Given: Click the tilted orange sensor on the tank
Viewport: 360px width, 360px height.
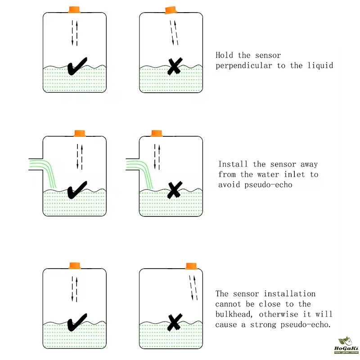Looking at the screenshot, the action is (x=171, y=10).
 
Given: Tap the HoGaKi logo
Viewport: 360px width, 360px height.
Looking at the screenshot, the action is (x=346, y=346).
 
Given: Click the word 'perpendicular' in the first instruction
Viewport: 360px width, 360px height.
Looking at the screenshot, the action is (x=244, y=66).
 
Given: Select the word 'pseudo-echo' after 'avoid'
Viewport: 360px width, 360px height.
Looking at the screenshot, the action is (x=268, y=185).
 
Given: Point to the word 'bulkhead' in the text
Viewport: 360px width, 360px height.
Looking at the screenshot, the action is (x=233, y=314).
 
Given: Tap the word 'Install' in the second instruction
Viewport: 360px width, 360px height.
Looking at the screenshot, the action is (x=233, y=164).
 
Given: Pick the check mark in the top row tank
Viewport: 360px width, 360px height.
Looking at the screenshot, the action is (x=77, y=66).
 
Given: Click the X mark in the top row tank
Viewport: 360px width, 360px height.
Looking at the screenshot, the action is (x=175, y=66).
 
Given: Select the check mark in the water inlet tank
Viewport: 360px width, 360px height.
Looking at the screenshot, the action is (x=77, y=190).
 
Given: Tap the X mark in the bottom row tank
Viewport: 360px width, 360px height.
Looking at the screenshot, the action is (x=175, y=322).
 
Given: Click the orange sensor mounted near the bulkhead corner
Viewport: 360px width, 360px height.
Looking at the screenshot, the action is (x=191, y=266).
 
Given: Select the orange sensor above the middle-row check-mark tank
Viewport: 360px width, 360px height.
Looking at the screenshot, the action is (x=80, y=133).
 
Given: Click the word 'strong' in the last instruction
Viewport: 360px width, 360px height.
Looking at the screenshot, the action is (x=263, y=324).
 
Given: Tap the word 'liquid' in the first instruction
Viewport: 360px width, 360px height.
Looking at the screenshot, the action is (x=320, y=65).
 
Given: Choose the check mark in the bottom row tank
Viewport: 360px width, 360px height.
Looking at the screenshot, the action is (x=77, y=322).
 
